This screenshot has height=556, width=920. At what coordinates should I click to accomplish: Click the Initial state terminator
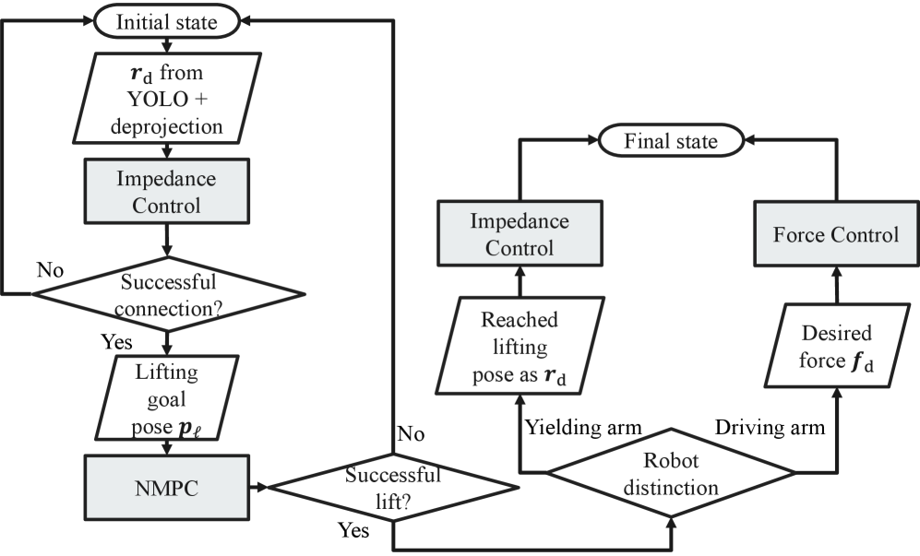(167, 20)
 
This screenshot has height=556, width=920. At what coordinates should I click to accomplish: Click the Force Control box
(836, 234)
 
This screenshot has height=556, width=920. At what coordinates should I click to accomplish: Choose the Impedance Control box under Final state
(520, 234)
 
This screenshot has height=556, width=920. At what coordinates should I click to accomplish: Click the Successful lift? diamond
(393, 486)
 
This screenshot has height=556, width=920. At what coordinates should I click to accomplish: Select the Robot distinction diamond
(671, 473)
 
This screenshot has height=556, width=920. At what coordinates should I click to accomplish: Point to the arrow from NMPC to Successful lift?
(256, 485)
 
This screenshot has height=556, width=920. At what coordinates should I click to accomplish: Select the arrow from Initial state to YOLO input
(167, 43)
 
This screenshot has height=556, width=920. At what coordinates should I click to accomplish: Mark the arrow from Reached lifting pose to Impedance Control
(520, 280)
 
